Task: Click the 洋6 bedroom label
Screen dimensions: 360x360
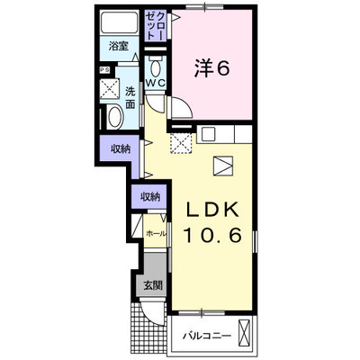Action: coord(212,67)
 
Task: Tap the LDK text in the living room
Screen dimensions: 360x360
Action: coord(213,209)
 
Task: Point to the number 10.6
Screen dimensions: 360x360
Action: coord(212,235)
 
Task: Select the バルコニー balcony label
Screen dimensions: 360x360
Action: coord(207,336)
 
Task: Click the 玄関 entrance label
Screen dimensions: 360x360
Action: coord(153,285)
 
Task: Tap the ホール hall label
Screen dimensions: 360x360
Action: coord(156,234)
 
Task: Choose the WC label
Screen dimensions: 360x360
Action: coord(155,83)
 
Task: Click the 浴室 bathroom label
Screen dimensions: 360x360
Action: coord(119,47)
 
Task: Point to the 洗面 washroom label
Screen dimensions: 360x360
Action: coord(130,97)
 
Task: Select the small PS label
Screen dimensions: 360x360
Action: coord(104,70)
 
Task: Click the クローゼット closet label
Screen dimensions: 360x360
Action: coord(156,25)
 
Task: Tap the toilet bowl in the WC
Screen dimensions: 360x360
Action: coord(156,67)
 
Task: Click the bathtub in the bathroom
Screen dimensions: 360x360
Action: coord(119,22)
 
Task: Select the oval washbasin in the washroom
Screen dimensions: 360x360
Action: coord(115,117)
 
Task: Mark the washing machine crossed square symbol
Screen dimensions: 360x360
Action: coord(110,88)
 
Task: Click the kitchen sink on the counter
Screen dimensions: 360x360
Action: coord(209,134)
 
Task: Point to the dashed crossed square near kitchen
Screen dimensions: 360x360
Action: coord(181,143)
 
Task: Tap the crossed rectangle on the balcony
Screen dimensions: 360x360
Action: coord(244,333)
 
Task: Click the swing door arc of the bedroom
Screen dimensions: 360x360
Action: coord(184,106)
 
